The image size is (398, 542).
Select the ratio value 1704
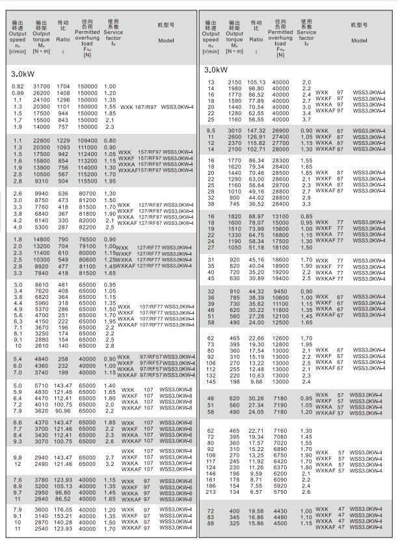63,86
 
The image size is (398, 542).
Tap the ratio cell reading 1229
63,140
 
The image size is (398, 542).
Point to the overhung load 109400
88,140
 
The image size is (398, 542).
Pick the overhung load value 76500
88,241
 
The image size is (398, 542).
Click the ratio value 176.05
63,510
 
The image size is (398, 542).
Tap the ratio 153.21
63,516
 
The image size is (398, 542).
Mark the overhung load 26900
283,131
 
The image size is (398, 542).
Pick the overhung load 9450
283,290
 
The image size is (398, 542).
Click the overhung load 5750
283,492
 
